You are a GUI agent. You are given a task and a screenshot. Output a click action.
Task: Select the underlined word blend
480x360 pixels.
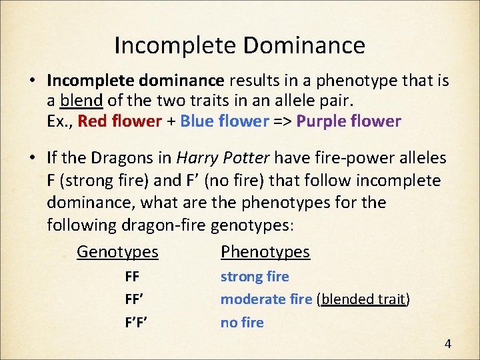click(81, 101)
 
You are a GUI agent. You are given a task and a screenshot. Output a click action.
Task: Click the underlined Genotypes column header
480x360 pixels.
click(117, 252)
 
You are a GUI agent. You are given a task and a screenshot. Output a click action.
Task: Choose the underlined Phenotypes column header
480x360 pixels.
click(265, 252)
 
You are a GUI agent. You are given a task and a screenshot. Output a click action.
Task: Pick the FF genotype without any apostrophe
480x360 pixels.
click(132, 277)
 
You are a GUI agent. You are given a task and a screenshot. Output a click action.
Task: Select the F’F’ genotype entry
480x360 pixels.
click(136, 323)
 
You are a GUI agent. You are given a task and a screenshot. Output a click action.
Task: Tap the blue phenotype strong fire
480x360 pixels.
click(255, 277)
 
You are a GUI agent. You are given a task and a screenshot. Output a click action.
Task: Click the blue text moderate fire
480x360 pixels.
click(266, 299)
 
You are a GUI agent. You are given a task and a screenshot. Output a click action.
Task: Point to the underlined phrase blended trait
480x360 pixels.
click(363, 299)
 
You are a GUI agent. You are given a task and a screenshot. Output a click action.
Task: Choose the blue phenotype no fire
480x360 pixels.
click(242, 323)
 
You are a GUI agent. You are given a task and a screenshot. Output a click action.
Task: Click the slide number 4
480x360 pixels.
click(447, 344)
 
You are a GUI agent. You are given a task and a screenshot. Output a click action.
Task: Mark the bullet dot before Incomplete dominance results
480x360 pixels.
click(32, 81)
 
